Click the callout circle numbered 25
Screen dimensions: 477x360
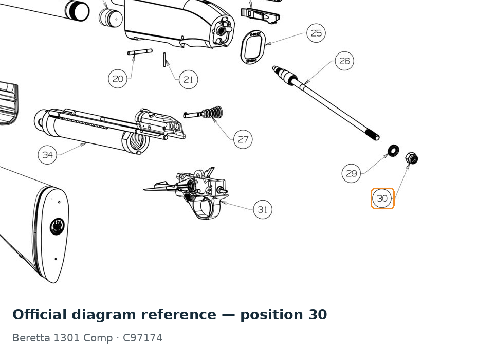click(316, 33)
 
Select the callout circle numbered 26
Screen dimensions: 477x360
click(344, 61)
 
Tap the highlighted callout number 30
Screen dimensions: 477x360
click(382, 199)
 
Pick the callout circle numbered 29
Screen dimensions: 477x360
click(352, 173)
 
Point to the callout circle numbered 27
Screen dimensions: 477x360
click(243, 139)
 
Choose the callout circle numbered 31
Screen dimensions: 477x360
click(263, 209)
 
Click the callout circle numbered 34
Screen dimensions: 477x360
click(47, 155)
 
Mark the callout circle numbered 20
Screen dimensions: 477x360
click(118, 79)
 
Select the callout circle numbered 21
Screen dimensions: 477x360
click(188, 79)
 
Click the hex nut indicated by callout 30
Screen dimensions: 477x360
click(412, 158)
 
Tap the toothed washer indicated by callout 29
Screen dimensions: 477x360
click(393, 151)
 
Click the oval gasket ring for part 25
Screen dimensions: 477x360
click(253, 47)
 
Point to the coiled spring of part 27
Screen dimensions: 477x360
click(213, 112)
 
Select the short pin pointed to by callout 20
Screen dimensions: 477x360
click(140, 52)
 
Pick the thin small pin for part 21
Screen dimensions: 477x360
click(164, 59)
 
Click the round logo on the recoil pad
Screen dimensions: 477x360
click(57, 226)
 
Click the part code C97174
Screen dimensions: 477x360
click(143, 338)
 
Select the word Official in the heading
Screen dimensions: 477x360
click(40, 314)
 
